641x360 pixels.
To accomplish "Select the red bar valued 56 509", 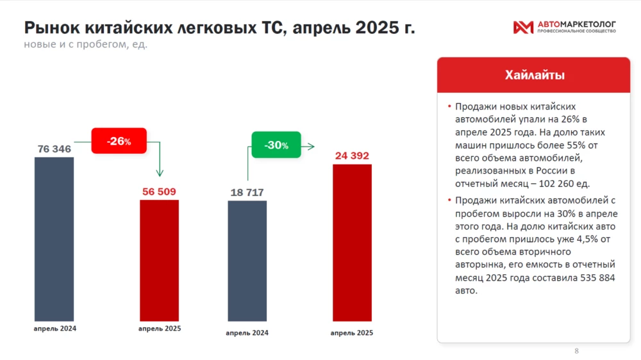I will tap(160, 260).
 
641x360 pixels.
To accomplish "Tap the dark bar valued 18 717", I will tap(247, 260).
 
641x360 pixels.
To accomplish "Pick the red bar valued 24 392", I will tap(352, 242).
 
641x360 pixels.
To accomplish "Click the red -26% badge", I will tap(119, 141).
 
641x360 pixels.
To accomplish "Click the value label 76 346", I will tap(54, 149).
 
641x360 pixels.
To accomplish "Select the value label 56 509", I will tap(160, 192).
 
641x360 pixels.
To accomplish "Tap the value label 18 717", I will tap(247, 192).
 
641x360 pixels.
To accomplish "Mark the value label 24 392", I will tap(352, 156).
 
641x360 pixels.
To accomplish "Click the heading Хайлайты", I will tap(535, 76).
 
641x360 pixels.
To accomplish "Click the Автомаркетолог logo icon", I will tap(523, 27).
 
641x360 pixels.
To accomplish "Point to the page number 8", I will tap(576, 351).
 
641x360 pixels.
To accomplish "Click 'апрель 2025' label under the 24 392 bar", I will tap(352, 333).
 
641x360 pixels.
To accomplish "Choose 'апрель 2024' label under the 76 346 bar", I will tap(54, 329).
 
